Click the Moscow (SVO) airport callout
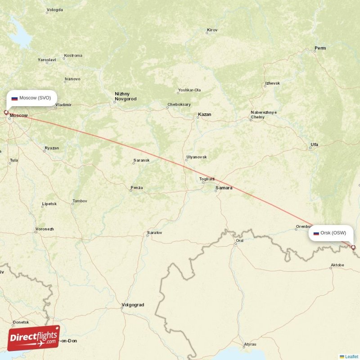(x=31, y=98)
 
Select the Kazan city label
(x=204, y=115)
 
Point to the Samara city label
(x=224, y=188)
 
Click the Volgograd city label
(x=133, y=305)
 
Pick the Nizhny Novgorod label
(x=126, y=96)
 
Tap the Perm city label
(x=320, y=48)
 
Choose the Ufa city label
(x=314, y=144)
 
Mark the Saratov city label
(x=154, y=233)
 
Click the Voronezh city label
(x=45, y=229)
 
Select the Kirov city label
(x=212, y=30)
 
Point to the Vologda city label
(x=55, y=9)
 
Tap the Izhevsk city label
(x=272, y=83)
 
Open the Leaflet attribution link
(x=351, y=356)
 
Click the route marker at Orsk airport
(x=353, y=247)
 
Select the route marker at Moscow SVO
(x=6, y=112)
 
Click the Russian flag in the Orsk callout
(x=316, y=233)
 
